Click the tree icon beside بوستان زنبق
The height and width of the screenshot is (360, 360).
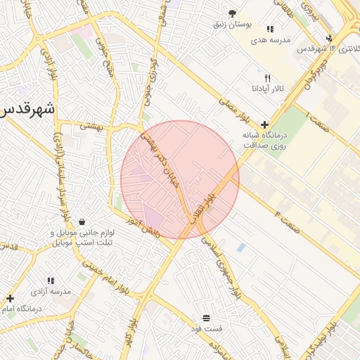click(233, 13)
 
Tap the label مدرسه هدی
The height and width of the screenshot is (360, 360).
click(271, 40)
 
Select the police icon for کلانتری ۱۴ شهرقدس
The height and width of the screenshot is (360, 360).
click(329, 38)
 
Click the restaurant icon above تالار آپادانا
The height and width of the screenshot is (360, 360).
click(266, 78)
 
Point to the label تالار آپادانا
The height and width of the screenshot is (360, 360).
click(266, 89)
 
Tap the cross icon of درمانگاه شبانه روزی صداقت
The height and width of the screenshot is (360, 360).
click(264, 124)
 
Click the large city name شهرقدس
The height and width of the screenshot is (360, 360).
click(27, 110)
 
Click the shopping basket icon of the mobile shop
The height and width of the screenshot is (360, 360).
click(83, 221)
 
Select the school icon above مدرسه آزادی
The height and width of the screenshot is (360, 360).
click(51, 281)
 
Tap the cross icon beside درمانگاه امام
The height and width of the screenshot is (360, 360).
click(10, 298)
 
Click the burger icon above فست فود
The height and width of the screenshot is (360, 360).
click(206, 319)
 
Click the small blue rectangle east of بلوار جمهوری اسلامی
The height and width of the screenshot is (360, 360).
click(241, 247)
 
